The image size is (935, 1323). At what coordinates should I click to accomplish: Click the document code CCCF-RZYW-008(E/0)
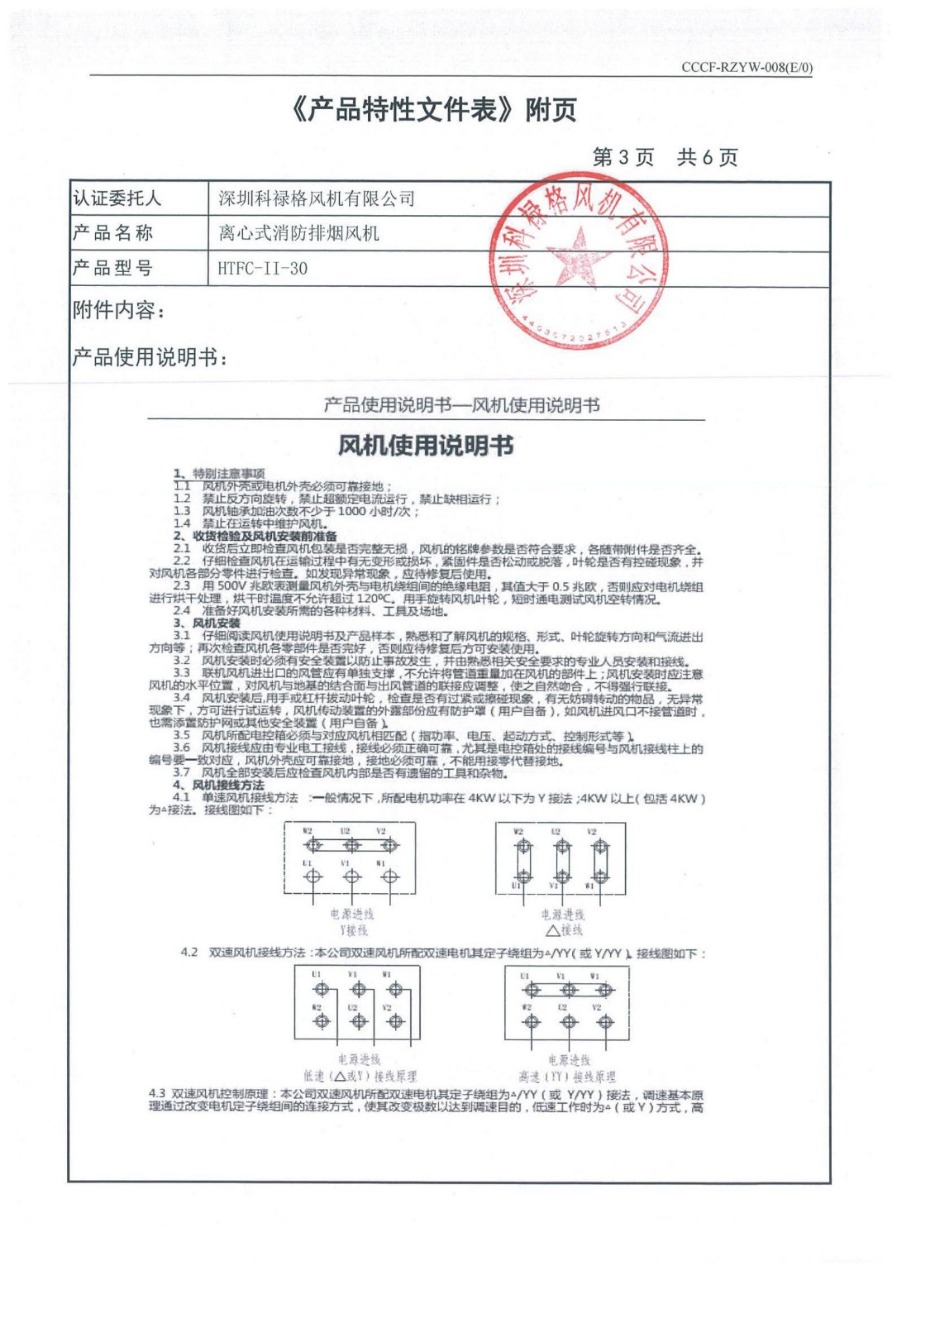pos(747,68)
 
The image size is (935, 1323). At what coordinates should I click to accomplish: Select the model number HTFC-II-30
pos(262,268)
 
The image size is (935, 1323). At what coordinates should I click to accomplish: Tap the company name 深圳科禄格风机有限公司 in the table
pos(317,198)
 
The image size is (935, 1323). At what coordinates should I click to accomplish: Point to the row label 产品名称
pos(113,233)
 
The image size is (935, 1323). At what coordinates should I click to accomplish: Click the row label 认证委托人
pos(117,198)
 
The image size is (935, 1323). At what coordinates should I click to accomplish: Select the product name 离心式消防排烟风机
pos(298,233)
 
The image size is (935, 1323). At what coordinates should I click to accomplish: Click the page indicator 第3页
pos(623,157)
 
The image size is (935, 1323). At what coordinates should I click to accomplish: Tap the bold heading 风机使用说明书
pos(426,446)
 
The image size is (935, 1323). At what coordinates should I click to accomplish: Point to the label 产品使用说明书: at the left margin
pos(150,357)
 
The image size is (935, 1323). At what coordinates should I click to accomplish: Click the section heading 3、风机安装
pos(207,623)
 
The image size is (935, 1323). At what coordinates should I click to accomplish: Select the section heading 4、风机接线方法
pos(218,785)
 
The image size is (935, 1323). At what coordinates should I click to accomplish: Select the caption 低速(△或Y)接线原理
pos(360,1077)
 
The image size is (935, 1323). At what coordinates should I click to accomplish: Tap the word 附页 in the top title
pos(551,109)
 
